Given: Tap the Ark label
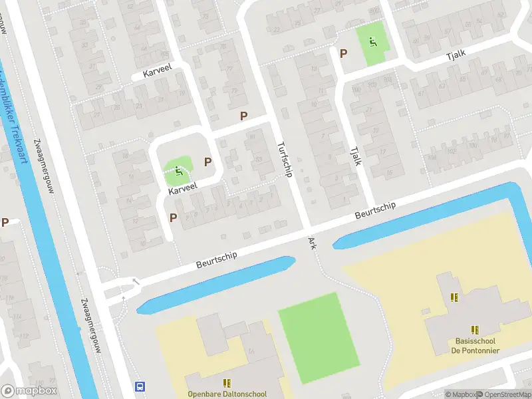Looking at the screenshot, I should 311,243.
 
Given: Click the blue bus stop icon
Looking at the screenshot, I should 140,386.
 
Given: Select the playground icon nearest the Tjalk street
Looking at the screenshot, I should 372,43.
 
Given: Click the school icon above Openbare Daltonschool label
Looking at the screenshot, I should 227,383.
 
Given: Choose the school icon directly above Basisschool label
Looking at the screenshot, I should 475,329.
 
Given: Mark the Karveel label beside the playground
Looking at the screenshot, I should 184,190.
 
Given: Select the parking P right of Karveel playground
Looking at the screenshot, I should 207,162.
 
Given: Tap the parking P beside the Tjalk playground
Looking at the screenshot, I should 344,54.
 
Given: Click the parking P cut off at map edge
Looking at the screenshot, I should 5,223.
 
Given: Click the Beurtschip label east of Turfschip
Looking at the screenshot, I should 375,211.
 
